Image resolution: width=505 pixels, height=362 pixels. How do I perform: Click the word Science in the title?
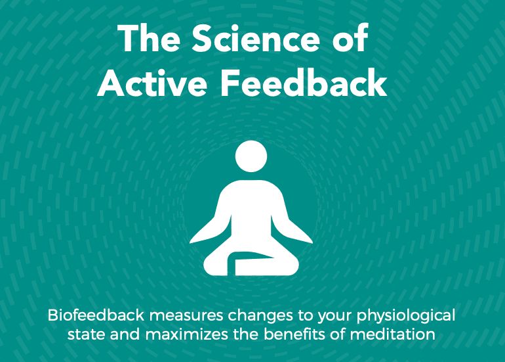[256, 38]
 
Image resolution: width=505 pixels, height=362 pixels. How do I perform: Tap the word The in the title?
[149, 38]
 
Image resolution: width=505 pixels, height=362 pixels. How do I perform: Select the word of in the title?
[350, 38]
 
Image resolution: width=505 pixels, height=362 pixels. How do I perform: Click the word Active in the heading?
[152, 82]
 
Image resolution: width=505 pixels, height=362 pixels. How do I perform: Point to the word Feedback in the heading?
[304, 82]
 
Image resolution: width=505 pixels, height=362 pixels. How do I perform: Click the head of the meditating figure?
[251, 156]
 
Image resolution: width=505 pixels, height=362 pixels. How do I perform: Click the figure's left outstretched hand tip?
[190, 242]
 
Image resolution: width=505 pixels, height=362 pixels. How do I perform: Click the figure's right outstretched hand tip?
[312, 242]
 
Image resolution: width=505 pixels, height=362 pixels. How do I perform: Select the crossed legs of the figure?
[251, 263]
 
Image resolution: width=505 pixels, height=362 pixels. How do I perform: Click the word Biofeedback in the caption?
[96, 315]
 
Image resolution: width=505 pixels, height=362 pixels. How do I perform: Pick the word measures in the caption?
[186, 316]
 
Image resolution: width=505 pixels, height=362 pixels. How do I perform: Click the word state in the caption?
[87, 335]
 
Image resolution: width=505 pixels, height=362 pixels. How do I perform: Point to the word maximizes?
[186, 334]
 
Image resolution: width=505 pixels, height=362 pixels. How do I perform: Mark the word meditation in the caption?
[393, 334]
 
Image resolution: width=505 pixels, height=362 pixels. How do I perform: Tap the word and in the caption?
[125, 334]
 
